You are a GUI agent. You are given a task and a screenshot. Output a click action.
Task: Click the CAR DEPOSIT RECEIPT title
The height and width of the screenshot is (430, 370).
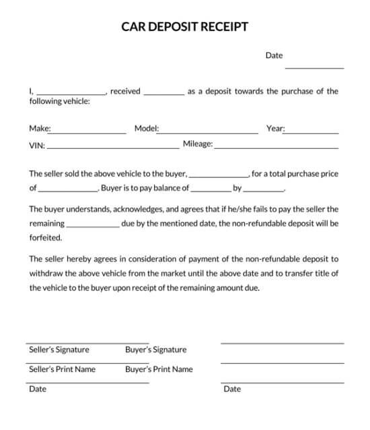tap(184, 27)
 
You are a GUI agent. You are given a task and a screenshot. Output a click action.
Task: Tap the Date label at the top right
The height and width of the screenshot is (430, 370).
tap(274, 55)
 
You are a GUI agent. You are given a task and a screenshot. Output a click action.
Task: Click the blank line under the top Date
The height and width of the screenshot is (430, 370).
tap(314, 67)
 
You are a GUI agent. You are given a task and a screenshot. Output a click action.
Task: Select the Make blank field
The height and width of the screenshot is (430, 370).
tap(88, 133)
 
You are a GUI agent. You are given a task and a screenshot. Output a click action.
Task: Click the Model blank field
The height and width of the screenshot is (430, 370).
tap(208, 133)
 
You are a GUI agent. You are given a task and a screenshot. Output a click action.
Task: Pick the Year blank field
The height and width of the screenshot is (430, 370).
tap(311, 133)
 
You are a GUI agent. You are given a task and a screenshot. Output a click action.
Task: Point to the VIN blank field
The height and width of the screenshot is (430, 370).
tap(112, 148)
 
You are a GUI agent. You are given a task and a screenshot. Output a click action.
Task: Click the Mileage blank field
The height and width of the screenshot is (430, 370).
tap(276, 148)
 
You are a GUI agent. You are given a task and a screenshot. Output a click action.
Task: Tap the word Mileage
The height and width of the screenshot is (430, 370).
tap(198, 144)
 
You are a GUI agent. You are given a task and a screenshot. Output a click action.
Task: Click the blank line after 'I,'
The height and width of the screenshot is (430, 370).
tap(71, 94)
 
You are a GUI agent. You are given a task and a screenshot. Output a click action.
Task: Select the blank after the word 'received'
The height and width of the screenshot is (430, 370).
tap(163, 94)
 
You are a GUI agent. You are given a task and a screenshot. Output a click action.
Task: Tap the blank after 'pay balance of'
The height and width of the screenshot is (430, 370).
tap(211, 192)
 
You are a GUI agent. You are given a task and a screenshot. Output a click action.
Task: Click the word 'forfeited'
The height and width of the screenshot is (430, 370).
tap(46, 237)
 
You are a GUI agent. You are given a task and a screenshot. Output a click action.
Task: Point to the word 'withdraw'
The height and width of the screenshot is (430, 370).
tap(46, 274)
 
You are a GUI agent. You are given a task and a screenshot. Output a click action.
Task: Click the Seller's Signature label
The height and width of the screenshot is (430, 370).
tap(59, 350)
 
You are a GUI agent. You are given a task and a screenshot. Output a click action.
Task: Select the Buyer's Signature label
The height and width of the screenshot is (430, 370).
tap(155, 350)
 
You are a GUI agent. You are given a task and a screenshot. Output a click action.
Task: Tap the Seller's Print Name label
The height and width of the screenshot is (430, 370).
tap(62, 369)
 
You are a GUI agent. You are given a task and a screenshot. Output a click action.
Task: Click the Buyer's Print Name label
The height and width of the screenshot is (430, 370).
tap(159, 369)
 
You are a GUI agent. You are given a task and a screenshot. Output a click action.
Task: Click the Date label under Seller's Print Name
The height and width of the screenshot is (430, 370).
tap(38, 389)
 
